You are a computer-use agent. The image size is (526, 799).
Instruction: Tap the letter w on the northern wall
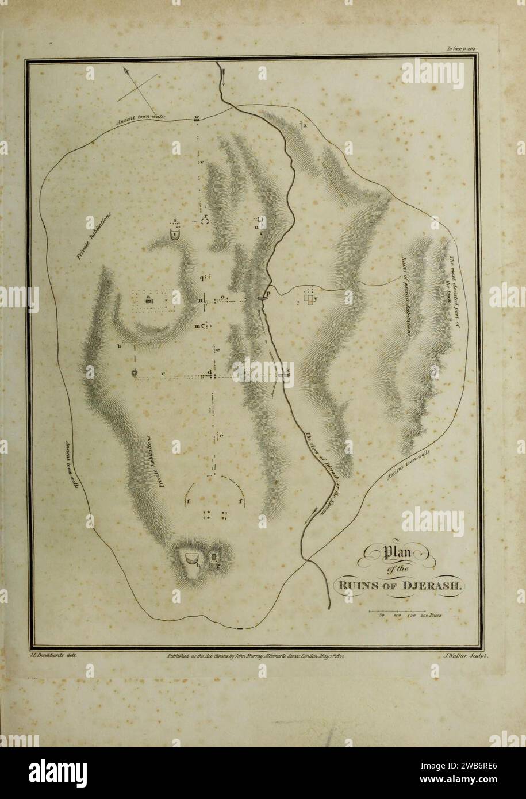point(197,117)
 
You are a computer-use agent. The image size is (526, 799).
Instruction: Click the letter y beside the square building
point(316,299)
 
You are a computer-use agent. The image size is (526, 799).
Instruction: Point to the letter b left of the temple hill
point(121,346)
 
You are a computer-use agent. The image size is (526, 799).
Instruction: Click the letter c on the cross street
point(163,374)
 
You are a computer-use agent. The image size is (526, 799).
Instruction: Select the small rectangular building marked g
point(216,558)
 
